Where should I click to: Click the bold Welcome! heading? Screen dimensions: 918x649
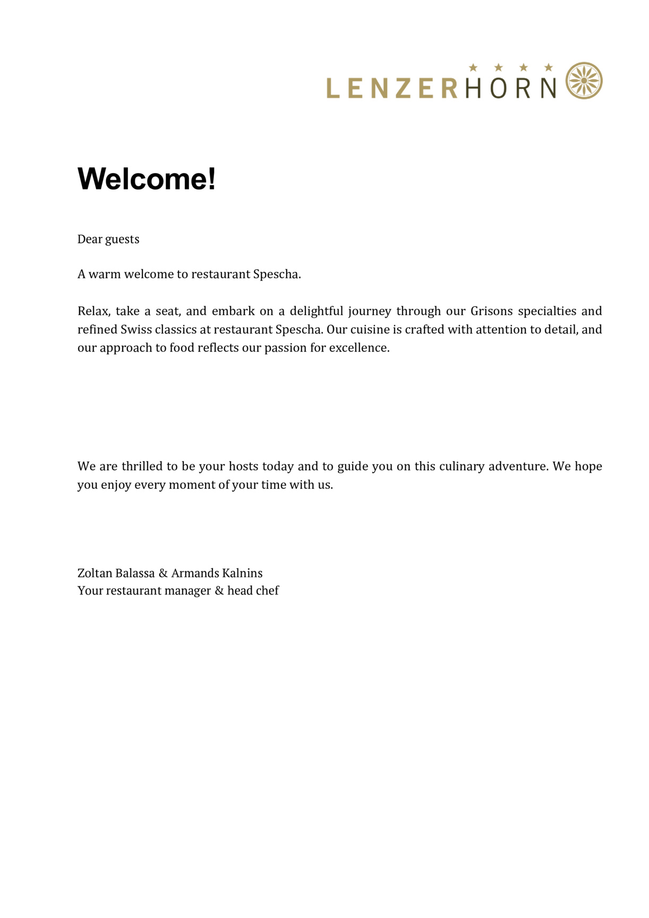[147, 178]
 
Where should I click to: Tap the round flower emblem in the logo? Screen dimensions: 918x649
[584, 81]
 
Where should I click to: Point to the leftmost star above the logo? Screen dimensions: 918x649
[473, 67]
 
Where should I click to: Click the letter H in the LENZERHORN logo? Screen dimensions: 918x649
[473, 88]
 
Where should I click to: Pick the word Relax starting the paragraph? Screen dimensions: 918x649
[93, 311]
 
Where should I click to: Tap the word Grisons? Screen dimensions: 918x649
[491, 311]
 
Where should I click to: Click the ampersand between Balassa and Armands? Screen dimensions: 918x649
[163, 573]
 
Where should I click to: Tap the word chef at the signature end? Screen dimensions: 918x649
[267, 591]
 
